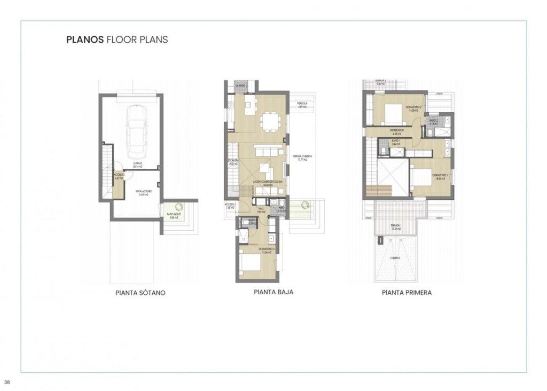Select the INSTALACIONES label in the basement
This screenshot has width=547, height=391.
coord(143,193)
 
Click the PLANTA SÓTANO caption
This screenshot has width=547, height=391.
coord(140,293)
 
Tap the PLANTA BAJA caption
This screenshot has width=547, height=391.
coord(273,292)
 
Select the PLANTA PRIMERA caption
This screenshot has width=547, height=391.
coord(407,293)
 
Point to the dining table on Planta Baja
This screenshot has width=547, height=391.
coord(269,121)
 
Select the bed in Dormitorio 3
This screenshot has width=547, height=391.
coord(251,263)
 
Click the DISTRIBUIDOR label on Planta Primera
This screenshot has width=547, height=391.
coord(396,131)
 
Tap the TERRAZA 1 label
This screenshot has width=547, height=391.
coord(395,227)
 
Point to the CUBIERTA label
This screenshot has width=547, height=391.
coord(395,257)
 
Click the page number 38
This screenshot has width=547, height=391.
coord(7,382)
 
